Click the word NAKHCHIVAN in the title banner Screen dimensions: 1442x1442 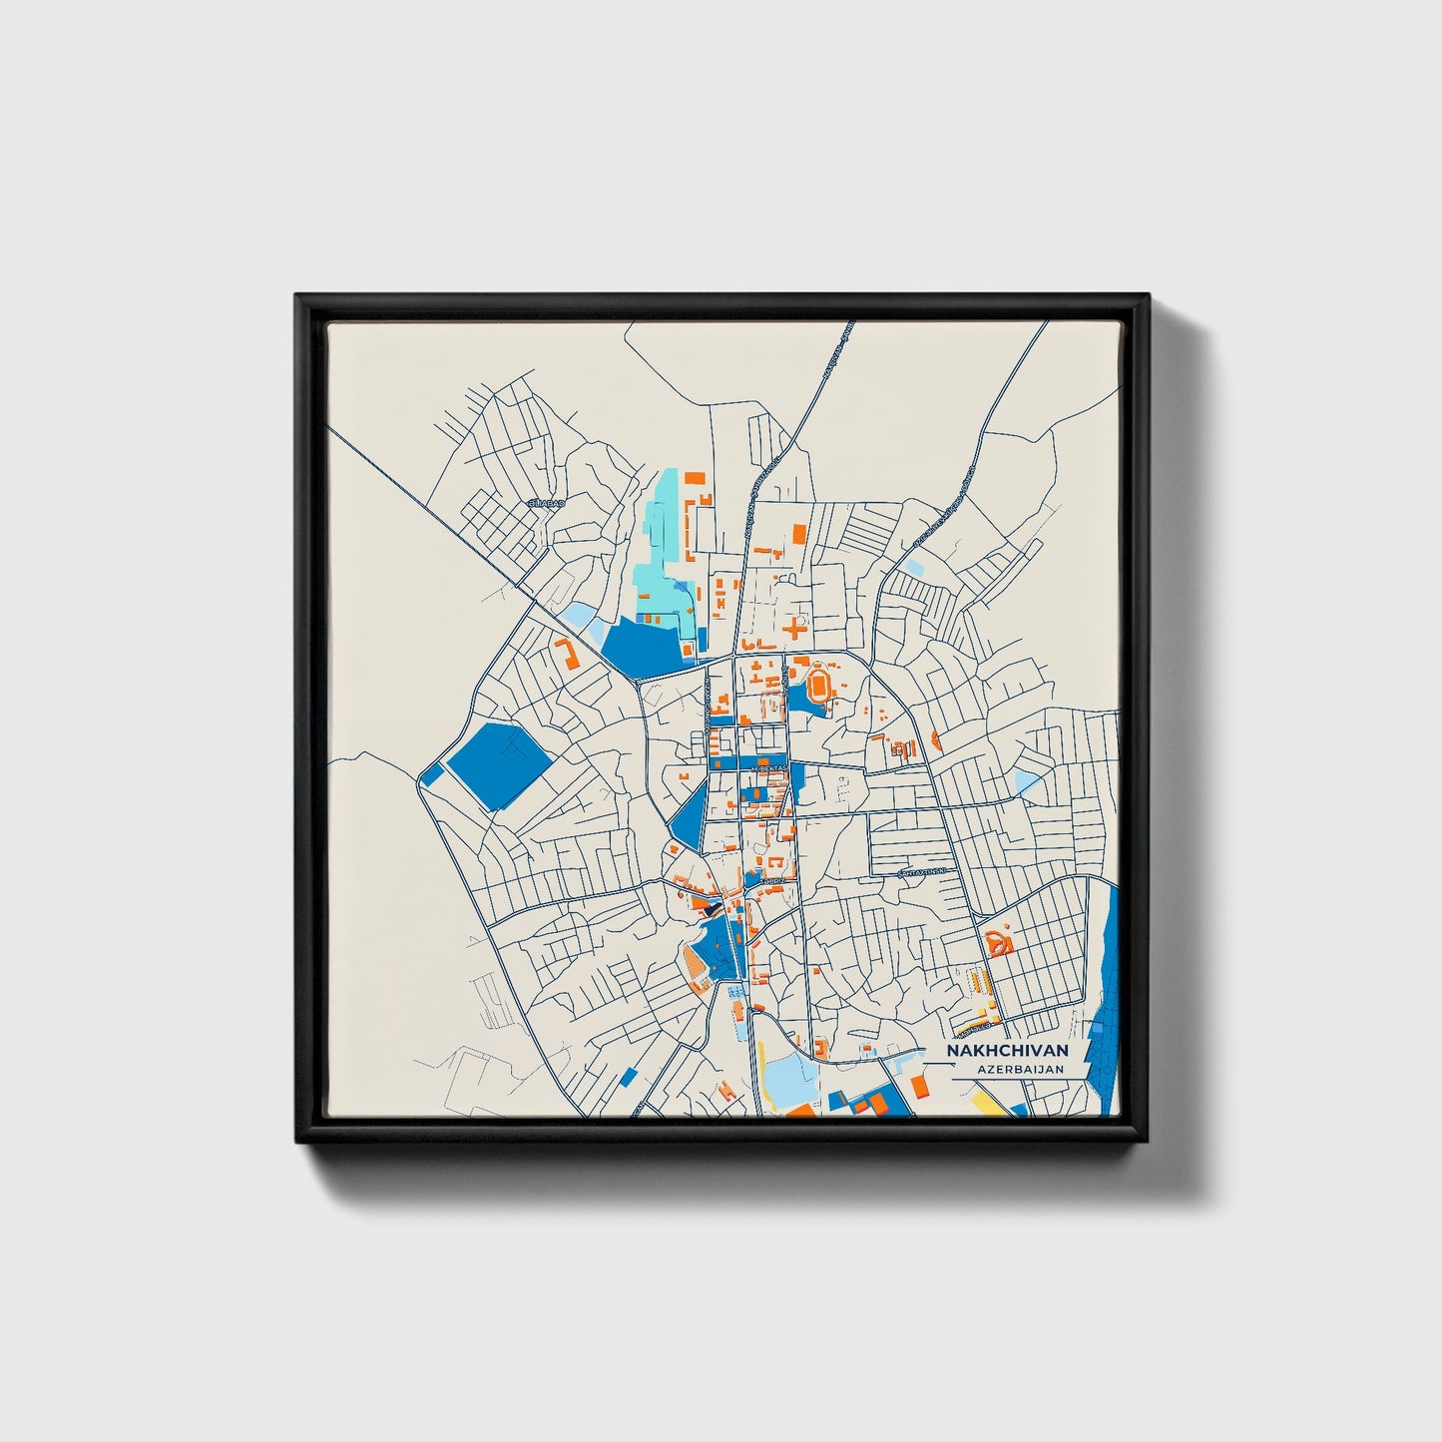[1007, 1051]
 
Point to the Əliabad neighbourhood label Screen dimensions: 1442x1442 [546, 503]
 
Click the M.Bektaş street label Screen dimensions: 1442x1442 [768, 768]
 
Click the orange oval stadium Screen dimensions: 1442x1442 [819, 685]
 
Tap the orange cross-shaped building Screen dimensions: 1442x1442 [794, 628]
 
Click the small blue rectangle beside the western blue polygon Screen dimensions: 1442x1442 [432, 773]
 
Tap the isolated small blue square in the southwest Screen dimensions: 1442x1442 [628, 1077]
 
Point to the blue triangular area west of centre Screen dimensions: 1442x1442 [690, 819]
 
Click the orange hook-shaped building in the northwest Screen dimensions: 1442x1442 [567, 654]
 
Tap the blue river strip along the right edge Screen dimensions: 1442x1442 [1106, 998]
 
